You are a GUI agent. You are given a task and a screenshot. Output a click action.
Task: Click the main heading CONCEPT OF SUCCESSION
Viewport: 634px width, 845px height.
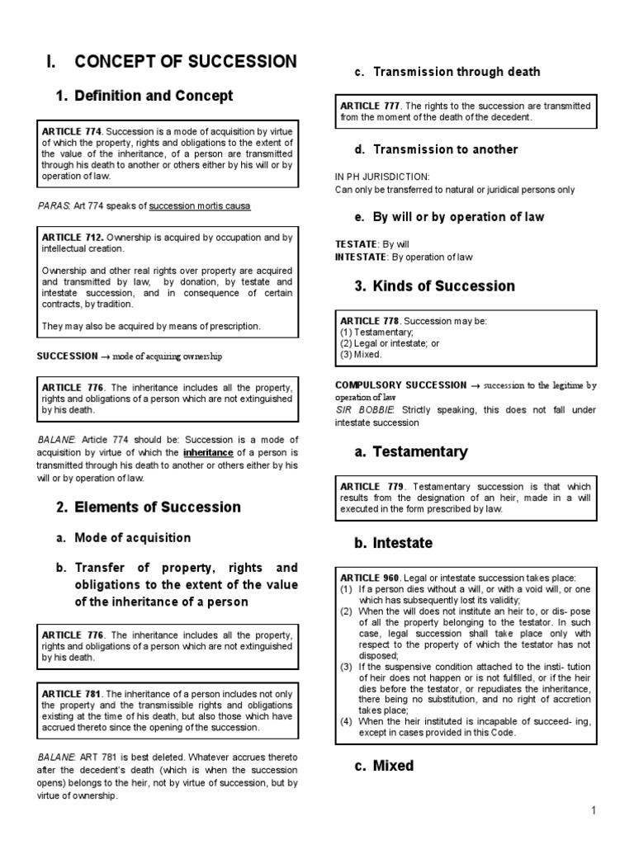point(185,61)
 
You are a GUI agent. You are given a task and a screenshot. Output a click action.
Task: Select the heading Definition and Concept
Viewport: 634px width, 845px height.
point(154,96)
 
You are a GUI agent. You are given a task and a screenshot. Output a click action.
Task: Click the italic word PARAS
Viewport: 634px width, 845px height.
point(52,205)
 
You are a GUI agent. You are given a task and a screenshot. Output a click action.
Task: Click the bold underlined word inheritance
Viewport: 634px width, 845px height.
point(206,452)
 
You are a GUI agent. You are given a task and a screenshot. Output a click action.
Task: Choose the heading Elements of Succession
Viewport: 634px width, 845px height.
point(157,507)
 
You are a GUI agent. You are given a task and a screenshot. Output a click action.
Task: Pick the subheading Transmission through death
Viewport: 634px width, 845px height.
point(456,72)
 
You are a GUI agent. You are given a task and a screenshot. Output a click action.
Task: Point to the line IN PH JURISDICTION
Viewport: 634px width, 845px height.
point(371,177)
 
